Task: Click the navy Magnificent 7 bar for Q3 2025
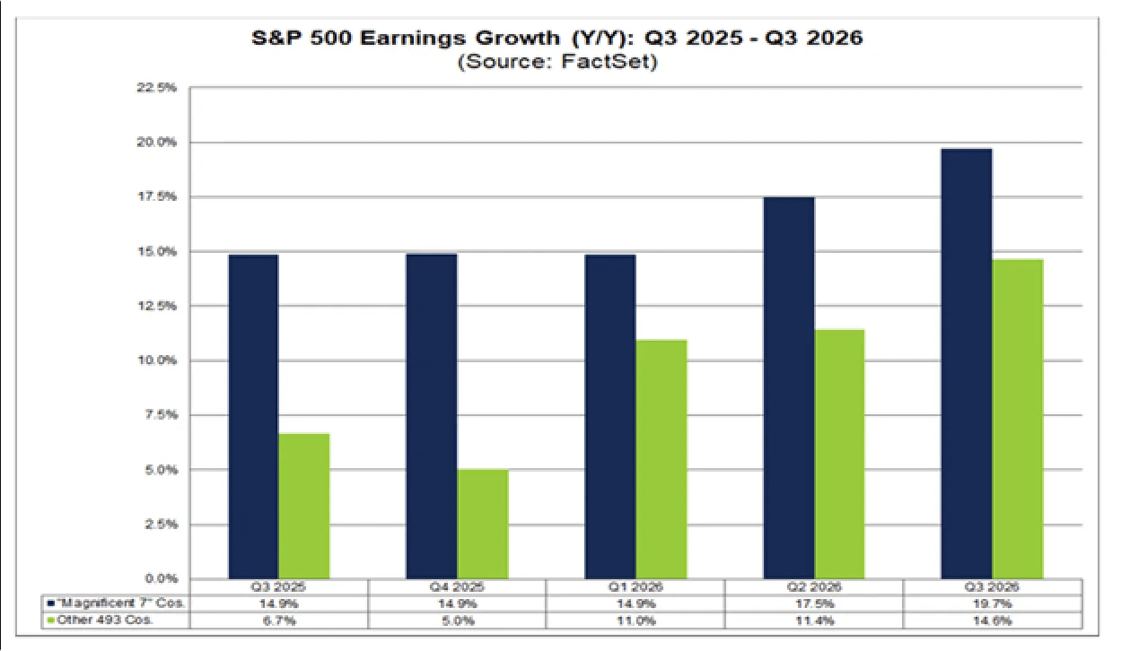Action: [x=253, y=417]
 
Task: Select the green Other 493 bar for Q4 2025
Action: [x=483, y=524]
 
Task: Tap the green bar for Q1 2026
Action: [x=661, y=459]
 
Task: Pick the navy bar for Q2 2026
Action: [x=789, y=387]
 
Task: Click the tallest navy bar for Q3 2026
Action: [x=967, y=363]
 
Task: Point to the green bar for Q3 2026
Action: [x=1018, y=419]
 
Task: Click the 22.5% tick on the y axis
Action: [x=159, y=88]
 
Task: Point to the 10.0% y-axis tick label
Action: [x=159, y=360]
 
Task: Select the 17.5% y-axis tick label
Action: [x=159, y=196]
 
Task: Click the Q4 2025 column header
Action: [x=457, y=588]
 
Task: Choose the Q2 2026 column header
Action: [x=813, y=588]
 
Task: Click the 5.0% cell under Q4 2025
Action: [x=457, y=620]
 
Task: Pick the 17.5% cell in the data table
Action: [x=813, y=603]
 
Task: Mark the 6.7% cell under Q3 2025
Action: [x=278, y=620]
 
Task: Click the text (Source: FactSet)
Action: [x=556, y=63]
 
